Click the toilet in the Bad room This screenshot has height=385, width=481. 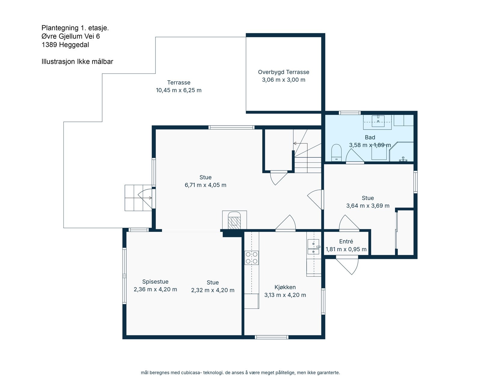pos(336,153)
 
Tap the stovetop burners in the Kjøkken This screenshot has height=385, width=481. pos(252,258)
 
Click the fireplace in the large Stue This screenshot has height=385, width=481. pos(234,221)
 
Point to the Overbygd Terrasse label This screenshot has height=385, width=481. pos(283,72)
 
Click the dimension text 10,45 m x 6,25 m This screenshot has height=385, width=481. pos(179,90)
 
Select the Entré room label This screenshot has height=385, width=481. pos(346,242)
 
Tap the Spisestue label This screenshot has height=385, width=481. pos(155,282)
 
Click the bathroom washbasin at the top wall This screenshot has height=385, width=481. pos(378,122)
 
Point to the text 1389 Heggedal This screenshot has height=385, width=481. pos(65,45)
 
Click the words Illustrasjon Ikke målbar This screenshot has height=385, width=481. pos(77,62)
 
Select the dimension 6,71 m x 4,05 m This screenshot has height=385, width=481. pos(205,185)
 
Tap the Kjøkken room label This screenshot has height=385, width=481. pos(285,287)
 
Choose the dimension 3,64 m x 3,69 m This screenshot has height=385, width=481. pos(368,206)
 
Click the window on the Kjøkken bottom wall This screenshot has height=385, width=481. pos(271,337)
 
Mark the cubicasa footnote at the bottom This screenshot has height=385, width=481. pos(240,373)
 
